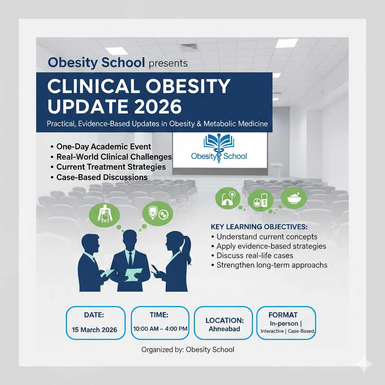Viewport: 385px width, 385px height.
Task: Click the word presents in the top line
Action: pyautogui.click(x=168, y=64)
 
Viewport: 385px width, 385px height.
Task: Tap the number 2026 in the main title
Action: pyautogui.click(x=158, y=106)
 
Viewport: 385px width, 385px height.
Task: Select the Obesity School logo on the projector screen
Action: pyautogui.click(x=219, y=148)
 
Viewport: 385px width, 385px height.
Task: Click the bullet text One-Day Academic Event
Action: pyautogui.click(x=104, y=147)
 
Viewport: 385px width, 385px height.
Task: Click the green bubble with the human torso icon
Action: pyautogui.click(x=105, y=215)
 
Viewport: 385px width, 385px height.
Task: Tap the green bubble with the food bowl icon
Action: pyautogui.click(x=294, y=198)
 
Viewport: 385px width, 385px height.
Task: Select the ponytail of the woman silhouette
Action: pyautogui.click(x=188, y=249)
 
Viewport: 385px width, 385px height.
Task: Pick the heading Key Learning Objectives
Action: pyautogui.click(x=259, y=227)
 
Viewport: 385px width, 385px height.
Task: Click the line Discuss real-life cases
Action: pyautogui.click(x=255, y=256)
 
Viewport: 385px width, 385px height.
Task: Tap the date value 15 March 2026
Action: pyautogui.click(x=94, y=330)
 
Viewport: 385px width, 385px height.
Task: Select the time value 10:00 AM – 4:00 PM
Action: pyautogui.click(x=160, y=329)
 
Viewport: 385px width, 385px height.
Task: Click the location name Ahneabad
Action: pyautogui.click(x=224, y=329)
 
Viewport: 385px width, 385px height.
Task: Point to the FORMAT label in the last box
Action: pyautogui.click(x=283, y=315)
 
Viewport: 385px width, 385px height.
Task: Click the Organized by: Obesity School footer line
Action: pyautogui.click(x=188, y=350)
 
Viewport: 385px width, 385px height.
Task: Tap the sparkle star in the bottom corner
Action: pyautogui.click(x=364, y=364)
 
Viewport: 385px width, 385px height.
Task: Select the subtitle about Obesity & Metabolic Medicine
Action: pyautogui.click(x=157, y=123)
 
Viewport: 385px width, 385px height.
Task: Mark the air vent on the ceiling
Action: pyautogui.click(x=189, y=47)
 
